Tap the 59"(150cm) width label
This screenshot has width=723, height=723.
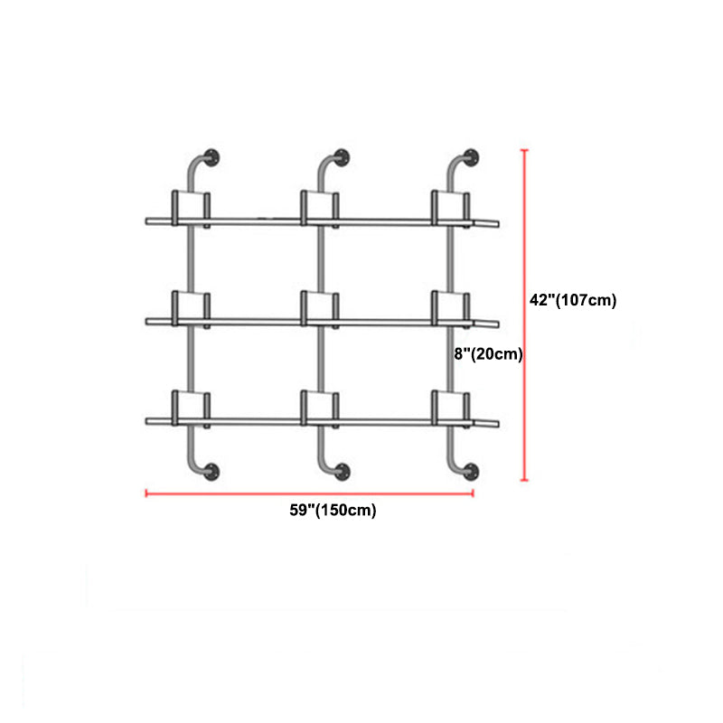click(333, 511)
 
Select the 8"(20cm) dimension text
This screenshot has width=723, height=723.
click(489, 355)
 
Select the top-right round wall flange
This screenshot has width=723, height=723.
click(473, 155)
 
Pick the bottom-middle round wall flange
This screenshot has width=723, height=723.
click(343, 470)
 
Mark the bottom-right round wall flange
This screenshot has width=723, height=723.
click(473, 470)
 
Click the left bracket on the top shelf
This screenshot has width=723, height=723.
click(191, 207)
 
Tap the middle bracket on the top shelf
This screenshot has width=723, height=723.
click(320, 207)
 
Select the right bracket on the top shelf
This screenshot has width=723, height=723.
click(450, 207)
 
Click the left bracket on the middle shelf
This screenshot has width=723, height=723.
click(191, 307)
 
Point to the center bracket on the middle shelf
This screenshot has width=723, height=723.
click(320, 307)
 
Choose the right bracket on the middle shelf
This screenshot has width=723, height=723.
click(450, 307)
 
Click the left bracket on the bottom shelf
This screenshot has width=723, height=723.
click(191, 407)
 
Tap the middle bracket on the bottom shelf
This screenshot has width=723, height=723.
click(320, 407)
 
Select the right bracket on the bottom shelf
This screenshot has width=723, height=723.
click(450, 407)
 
